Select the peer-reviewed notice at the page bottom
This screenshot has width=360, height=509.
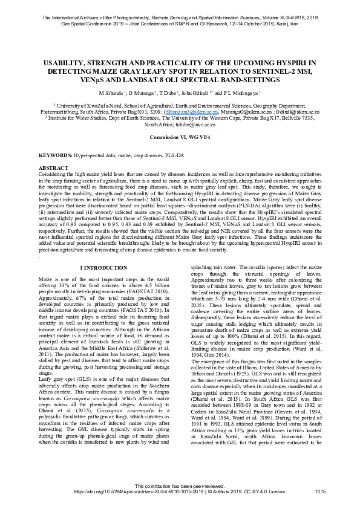pyautogui.click(x=180, y=485)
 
